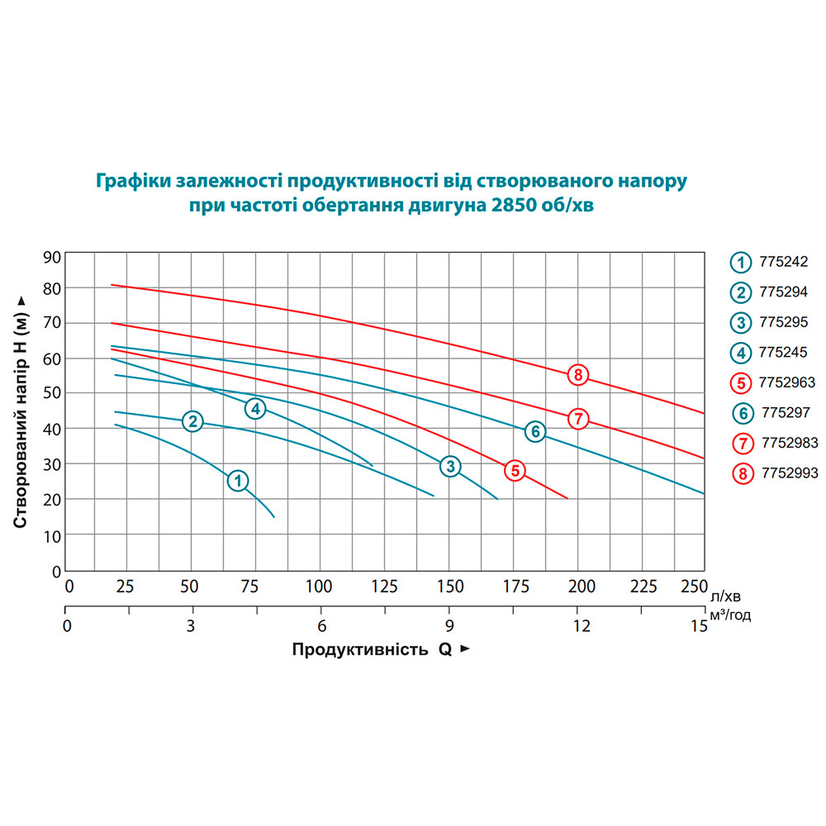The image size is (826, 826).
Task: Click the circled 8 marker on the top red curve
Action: click(x=578, y=375)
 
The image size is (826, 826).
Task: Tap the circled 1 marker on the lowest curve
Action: click(x=238, y=481)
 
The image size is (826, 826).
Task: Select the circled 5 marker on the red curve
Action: click(x=515, y=471)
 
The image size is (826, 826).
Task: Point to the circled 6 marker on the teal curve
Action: click(x=535, y=431)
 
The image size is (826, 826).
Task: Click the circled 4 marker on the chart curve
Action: click(x=255, y=408)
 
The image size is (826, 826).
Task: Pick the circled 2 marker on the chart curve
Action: click(x=192, y=421)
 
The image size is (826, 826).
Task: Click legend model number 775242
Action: click(x=783, y=262)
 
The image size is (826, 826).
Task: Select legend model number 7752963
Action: click(x=787, y=382)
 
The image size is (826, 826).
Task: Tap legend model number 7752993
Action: click(x=790, y=473)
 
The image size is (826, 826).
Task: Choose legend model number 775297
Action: click(x=786, y=412)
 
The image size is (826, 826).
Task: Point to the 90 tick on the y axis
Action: click(x=52, y=258)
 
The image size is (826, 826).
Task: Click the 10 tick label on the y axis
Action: click(x=52, y=537)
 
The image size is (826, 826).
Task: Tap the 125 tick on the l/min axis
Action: click(x=385, y=586)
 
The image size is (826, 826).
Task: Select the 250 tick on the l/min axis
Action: click(x=695, y=586)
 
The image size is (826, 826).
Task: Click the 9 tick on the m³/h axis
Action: click(x=449, y=626)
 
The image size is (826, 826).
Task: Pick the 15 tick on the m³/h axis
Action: click(x=699, y=626)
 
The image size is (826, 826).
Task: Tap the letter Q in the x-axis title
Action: click(x=445, y=649)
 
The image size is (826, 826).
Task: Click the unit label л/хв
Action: click(x=725, y=596)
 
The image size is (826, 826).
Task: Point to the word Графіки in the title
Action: click(x=134, y=181)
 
